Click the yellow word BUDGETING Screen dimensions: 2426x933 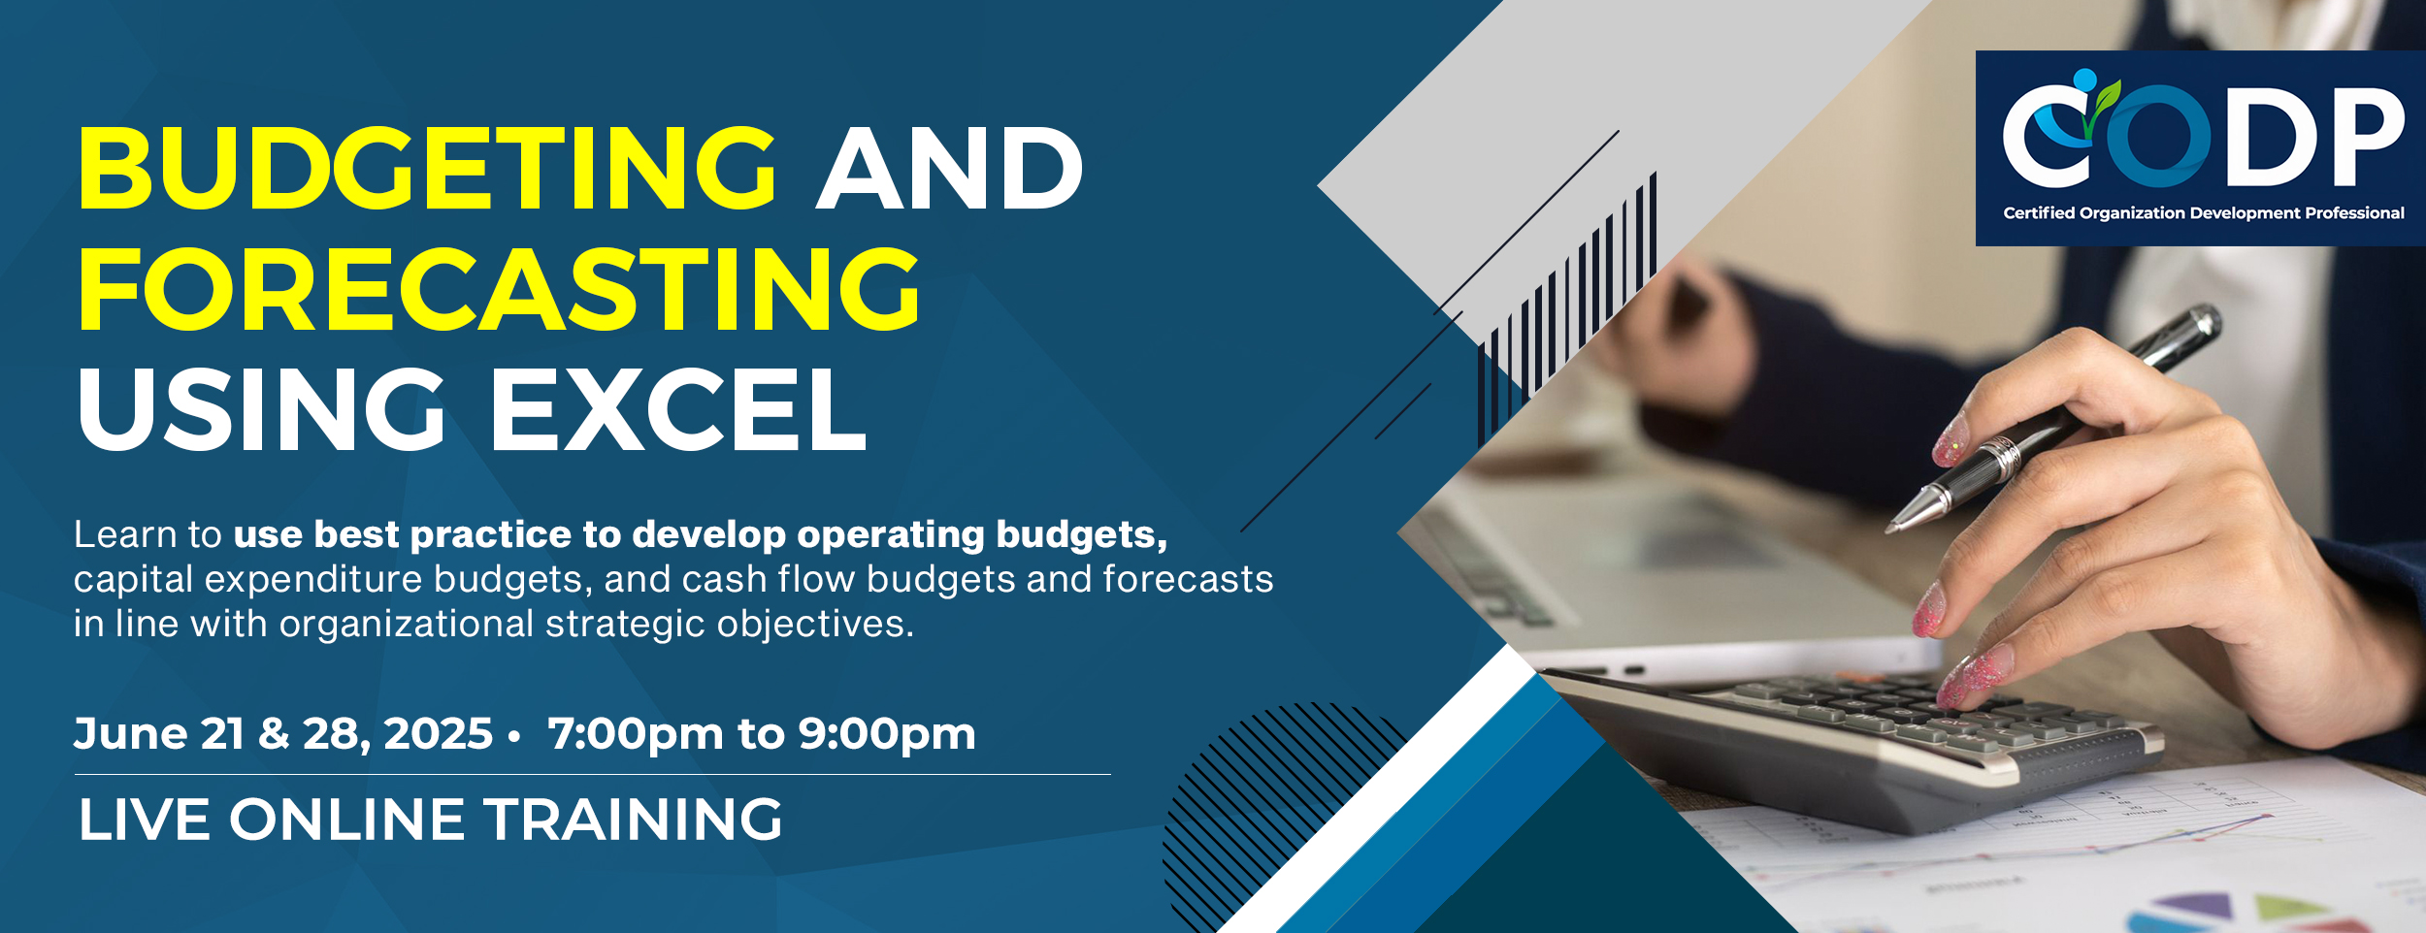pyautogui.click(x=427, y=168)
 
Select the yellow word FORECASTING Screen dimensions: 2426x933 pyautogui.click(x=499, y=289)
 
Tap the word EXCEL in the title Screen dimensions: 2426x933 pyautogui.click(x=678, y=409)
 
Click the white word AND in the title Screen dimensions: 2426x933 pyautogui.click(x=950, y=168)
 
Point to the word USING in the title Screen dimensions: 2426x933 pyautogui.click(x=261, y=409)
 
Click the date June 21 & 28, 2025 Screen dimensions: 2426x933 pyautogui.click(x=283, y=734)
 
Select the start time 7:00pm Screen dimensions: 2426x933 pyautogui.click(x=636, y=734)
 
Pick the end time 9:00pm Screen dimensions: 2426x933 pyautogui.click(x=887, y=734)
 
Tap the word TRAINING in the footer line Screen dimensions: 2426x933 pyautogui.click(x=633, y=820)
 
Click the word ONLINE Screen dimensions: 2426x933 pyautogui.click(x=347, y=820)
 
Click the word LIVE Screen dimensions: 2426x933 pyautogui.click(x=145, y=820)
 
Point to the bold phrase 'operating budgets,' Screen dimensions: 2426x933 pyautogui.click(x=982, y=535)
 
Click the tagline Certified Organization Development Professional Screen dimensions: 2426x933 pyautogui.click(x=2204, y=213)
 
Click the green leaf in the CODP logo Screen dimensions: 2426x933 pyautogui.click(x=2107, y=97)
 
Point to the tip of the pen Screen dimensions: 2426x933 pyautogui.click(x=1888, y=531)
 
